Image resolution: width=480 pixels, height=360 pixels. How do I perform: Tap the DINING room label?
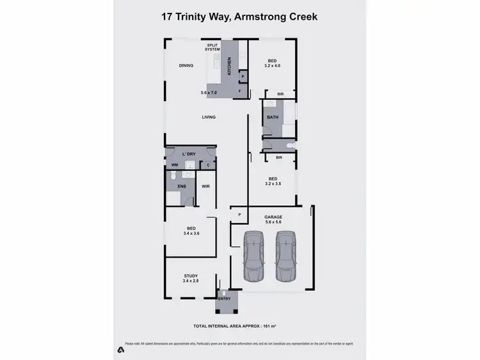[186, 65]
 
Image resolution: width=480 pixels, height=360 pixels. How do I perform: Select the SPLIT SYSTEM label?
[212, 47]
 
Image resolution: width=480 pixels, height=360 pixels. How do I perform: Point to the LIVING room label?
[209, 117]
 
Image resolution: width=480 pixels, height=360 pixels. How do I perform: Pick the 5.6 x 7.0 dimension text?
[209, 93]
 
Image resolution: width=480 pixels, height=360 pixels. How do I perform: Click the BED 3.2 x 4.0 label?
[272, 63]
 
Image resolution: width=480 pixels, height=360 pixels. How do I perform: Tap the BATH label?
[273, 118]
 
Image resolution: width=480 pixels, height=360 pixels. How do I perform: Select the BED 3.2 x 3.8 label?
[273, 181]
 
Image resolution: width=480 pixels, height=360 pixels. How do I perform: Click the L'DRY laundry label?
[189, 155]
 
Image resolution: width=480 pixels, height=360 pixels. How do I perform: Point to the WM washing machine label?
[174, 165]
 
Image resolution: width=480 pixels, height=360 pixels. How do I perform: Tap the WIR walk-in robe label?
[205, 187]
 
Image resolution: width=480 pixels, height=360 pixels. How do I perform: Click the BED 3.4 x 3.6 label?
[191, 231]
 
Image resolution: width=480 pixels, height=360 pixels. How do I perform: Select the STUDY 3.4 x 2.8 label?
[191, 278]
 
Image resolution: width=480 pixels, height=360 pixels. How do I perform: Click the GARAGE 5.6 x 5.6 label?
[273, 219]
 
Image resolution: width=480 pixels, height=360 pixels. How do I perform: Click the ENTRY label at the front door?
[224, 297]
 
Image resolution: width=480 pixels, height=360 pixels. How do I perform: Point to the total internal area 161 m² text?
[239, 326]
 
